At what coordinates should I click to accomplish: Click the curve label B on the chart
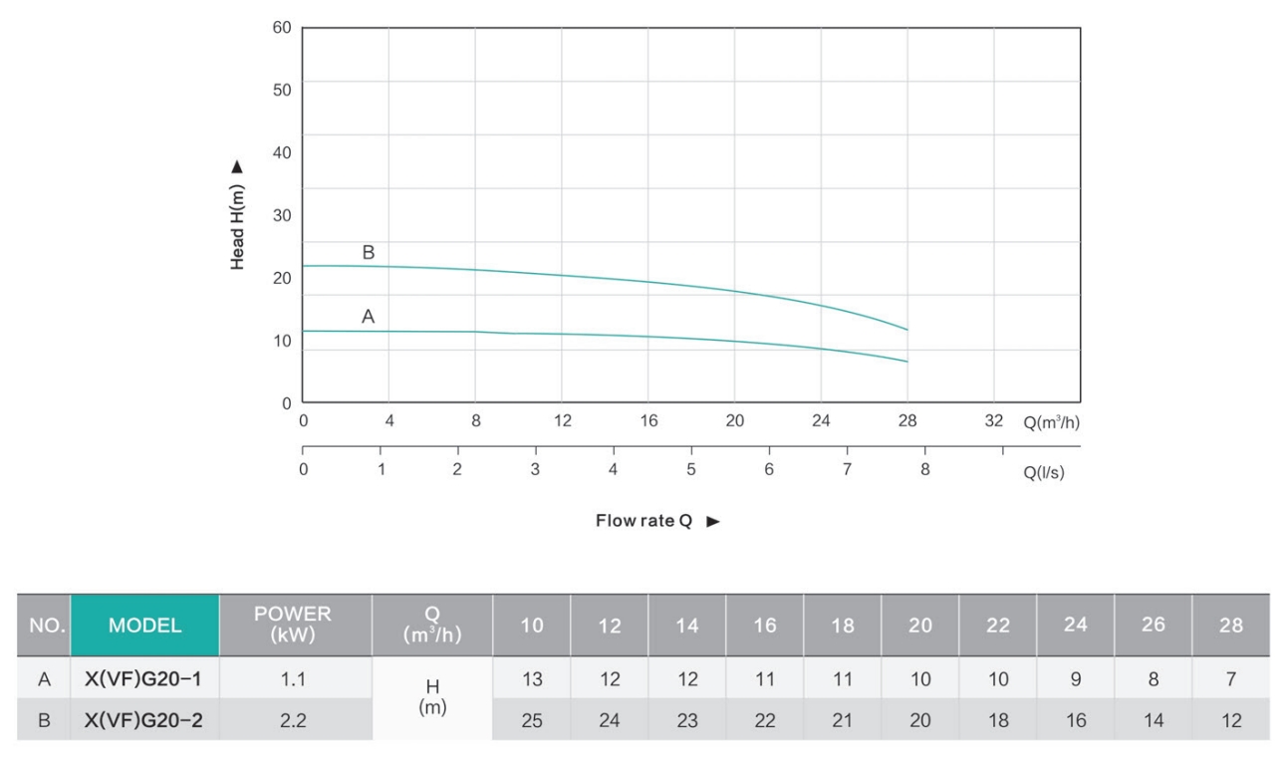click(369, 253)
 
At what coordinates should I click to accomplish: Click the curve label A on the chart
click(369, 317)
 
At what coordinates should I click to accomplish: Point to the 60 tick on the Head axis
click(282, 28)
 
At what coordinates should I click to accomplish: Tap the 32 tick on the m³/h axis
click(994, 421)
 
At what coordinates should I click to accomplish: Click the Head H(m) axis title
click(238, 215)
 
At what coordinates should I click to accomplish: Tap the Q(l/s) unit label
click(1044, 473)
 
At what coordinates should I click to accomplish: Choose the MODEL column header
click(145, 626)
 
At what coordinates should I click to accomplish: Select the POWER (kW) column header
click(293, 625)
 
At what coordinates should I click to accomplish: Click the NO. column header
click(44, 626)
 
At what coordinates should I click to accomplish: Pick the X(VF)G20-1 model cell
click(144, 679)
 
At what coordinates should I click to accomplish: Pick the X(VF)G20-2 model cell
click(144, 720)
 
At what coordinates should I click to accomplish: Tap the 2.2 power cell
click(293, 720)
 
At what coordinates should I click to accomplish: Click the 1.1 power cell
click(293, 679)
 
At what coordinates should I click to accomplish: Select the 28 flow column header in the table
click(1231, 626)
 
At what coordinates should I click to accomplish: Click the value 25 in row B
click(532, 720)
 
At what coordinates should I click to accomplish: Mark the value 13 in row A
click(532, 679)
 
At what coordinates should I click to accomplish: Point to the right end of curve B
click(907, 329)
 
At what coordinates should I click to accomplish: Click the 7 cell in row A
click(1231, 679)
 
